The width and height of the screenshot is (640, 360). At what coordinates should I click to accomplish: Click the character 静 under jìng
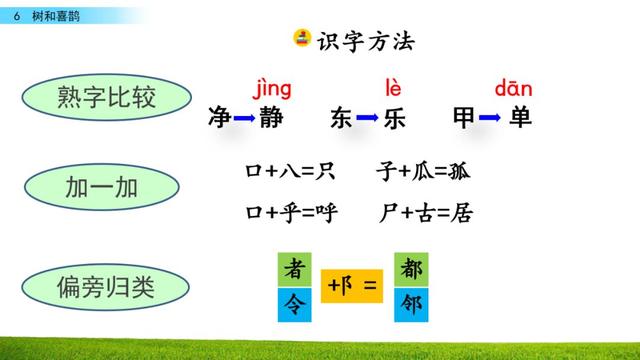[271, 118]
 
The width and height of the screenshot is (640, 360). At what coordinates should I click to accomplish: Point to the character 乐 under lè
[395, 118]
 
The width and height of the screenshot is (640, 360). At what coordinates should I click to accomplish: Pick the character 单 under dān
[520, 118]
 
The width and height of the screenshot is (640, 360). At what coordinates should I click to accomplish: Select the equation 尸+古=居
[426, 212]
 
